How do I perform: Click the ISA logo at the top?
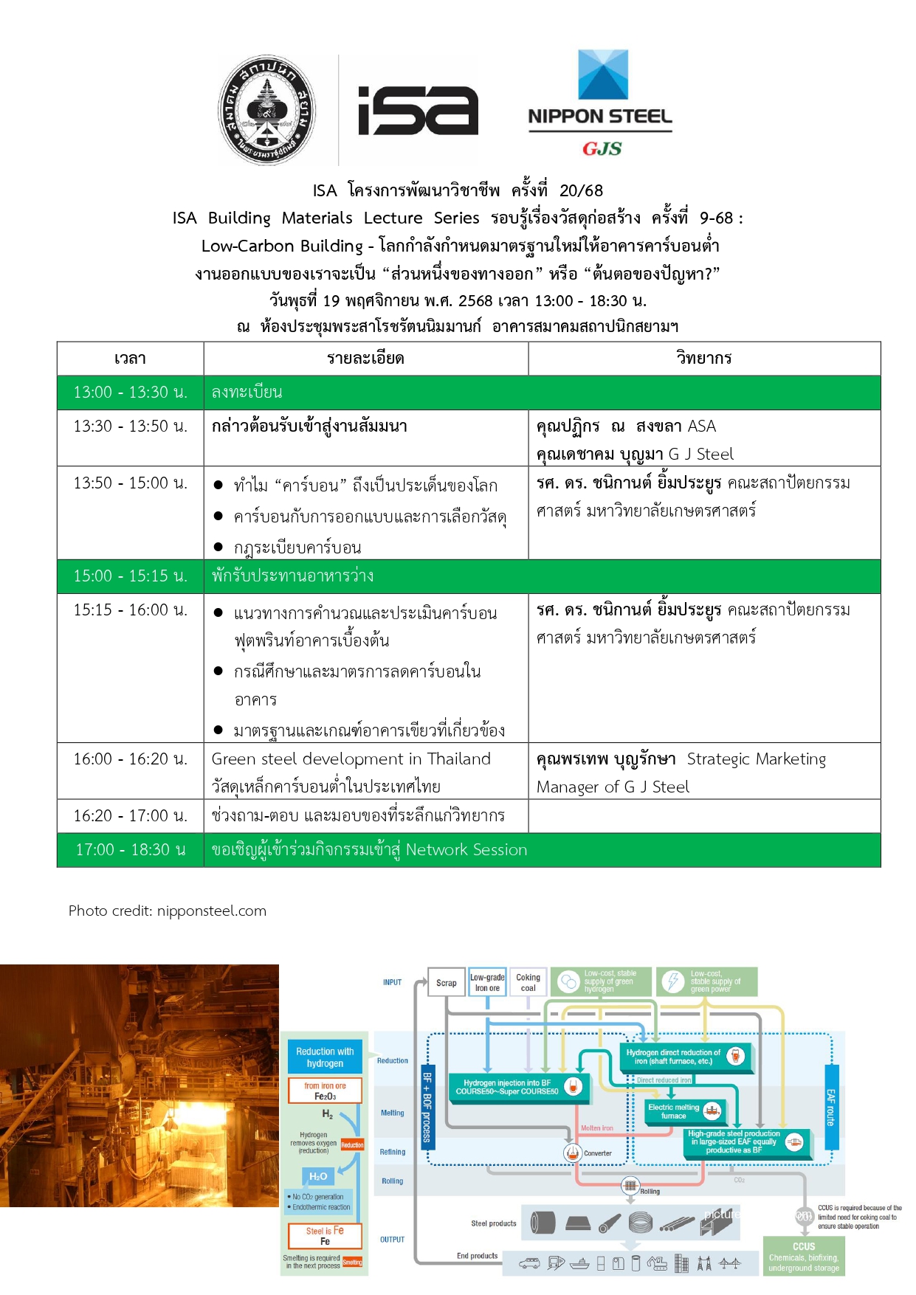pyautogui.click(x=418, y=111)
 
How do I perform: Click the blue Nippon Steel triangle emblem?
pyautogui.click(x=602, y=75)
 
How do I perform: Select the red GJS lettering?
pyautogui.click(x=602, y=149)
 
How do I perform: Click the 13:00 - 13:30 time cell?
pyautogui.click(x=130, y=393)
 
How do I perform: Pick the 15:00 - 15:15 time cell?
pyautogui.click(x=130, y=576)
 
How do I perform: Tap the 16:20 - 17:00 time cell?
pyautogui.click(x=130, y=816)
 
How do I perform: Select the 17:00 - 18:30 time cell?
pyautogui.click(x=130, y=850)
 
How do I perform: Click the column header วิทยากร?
pyautogui.click(x=703, y=359)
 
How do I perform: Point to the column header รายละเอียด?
pyautogui.click(x=365, y=359)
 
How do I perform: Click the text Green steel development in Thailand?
pyautogui.click(x=351, y=759)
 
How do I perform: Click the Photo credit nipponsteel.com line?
pyautogui.click(x=168, y=911)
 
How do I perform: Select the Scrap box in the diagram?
pyautogui.click(x=447, y=983)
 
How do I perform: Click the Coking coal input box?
pyautogui.click(x=528, y=983)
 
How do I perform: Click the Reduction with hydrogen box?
pyautogui.click(x=325, y=1057)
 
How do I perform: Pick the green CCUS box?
pyautogui.click(x=804, y=1256)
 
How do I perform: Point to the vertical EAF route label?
pyautogui.click(x=831, y=1107)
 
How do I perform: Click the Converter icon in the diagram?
pyautogui.click(x=573, y=1153)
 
